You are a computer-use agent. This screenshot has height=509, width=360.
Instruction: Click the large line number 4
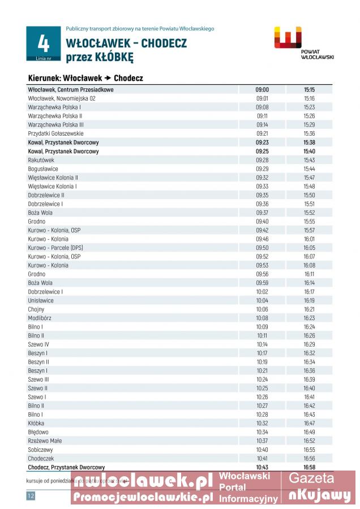tap(43, 42)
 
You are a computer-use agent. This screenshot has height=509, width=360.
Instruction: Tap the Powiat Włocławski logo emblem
tap(288, 38)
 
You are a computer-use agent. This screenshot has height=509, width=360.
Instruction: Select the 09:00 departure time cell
tap(262, 89)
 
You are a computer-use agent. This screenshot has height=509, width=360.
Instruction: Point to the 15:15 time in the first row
tap(309, 89)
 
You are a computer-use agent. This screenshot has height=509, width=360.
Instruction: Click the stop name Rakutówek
tap(41, 160)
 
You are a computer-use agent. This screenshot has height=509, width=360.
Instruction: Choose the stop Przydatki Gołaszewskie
tap(55, 133)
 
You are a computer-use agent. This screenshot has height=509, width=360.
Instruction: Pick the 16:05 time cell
tap(309, 248)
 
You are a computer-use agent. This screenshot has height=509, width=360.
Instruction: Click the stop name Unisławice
tap(41, 300)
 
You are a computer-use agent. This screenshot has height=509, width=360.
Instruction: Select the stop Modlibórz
tap(40, 318)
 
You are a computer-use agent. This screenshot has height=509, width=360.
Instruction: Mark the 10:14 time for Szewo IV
tap(262, 344)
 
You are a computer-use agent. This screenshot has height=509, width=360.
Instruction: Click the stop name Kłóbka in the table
tap(36, 423)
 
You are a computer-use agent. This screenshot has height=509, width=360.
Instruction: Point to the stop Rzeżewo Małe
tap(44, 441)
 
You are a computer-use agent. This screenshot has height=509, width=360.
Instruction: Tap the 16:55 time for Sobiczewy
tap(309, 449)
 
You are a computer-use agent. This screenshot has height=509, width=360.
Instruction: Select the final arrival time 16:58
tap(309, 467)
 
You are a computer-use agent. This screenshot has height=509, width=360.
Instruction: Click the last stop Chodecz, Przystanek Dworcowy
tap(66, 467)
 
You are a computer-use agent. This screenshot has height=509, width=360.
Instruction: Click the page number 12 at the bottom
tap(31, 496)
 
